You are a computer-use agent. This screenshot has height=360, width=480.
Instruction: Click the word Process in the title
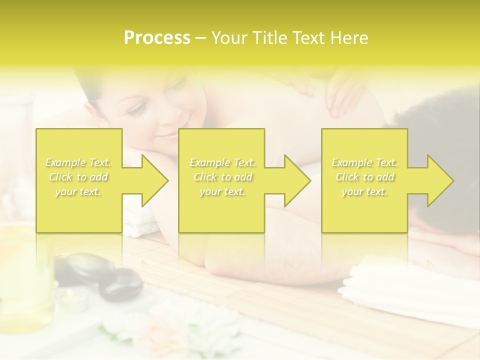click(157, 38)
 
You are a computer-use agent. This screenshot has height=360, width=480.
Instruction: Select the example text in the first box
click(78, 177)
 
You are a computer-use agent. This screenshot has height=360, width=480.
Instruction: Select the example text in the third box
click(364, 177)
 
